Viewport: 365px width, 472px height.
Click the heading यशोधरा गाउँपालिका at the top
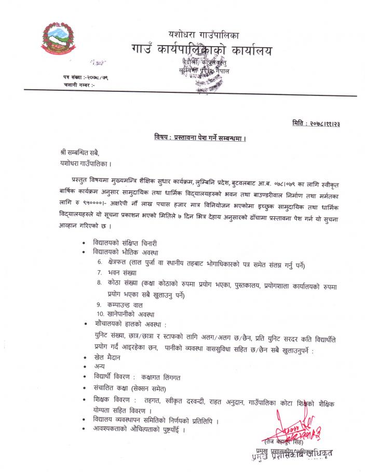tap(204, 35)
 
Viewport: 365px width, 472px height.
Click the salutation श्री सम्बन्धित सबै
tap(78, 152)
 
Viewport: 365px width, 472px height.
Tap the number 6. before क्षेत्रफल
tap(99, 262)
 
